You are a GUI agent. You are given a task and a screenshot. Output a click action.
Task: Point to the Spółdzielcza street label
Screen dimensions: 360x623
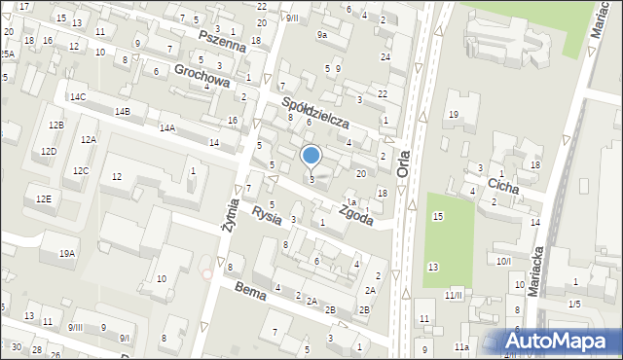[314, 114]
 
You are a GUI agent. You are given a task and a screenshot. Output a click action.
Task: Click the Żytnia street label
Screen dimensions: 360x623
[231, 213]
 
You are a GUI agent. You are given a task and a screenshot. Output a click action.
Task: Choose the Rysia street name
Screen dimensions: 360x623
[266, 216]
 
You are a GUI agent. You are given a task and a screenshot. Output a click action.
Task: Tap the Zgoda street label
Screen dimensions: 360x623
[356, 213]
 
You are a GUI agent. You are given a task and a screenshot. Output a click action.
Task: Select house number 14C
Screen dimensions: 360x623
[77, 97]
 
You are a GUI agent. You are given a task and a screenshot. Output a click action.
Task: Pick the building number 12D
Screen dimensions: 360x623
[49, 152]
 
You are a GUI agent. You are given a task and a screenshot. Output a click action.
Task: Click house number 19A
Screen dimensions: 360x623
[66, 254]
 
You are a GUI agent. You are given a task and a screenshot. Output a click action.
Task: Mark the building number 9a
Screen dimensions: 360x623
[322, 34]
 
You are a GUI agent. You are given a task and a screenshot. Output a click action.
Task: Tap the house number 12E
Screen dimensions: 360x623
[43, 198]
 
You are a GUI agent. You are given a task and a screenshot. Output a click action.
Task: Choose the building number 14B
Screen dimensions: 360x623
[122, 112]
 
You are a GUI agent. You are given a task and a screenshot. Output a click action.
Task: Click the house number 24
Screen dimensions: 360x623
[385, 57]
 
